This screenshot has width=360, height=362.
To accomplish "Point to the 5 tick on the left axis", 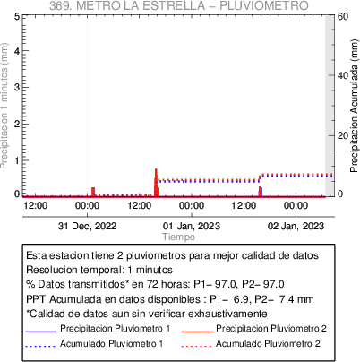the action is pyautogui.click(x=17, y=16).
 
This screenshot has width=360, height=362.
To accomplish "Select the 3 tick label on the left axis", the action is pyautogui.click(x=17, y=87).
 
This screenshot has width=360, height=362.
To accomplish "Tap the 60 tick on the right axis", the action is pyautogui.click(x=343, y=16).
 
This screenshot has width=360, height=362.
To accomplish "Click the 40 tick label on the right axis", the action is pyautogui.click(x=343, y=75).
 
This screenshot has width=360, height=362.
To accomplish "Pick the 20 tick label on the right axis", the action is pyautogui.click(x=343, y=135).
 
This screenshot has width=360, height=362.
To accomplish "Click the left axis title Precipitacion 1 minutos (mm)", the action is pyautogui.click(x=4, y=106).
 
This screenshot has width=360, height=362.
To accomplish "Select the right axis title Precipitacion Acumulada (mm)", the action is pyautogui.click(x=354, y=106).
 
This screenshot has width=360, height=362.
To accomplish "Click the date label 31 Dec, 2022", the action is pyautogui.click(x=87, y=226).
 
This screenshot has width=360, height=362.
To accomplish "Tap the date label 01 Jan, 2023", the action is pyautogui.click(x=192, y=226).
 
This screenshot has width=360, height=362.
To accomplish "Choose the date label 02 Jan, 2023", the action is pyautogui.click(x=296, y=226).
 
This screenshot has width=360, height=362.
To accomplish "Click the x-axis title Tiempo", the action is pyautogui.click(x=179, y=237).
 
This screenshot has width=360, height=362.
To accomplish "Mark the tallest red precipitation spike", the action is pyautogui.click(x=156, y=183).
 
